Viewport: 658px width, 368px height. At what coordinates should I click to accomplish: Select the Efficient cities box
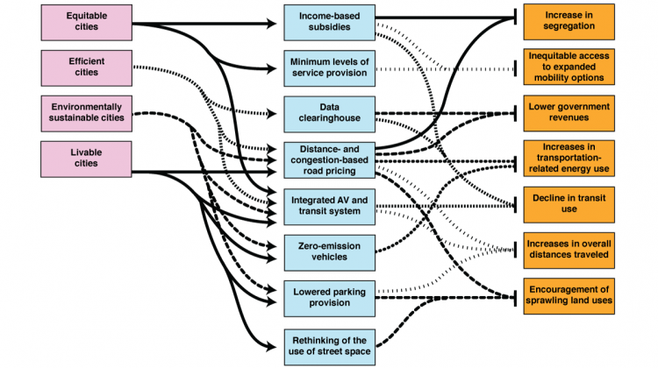pos(86,67)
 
